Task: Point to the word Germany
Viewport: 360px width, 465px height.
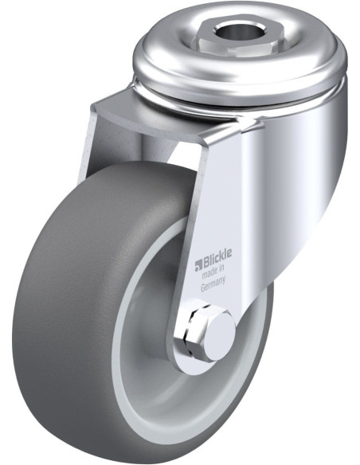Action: click(x=213, y=284)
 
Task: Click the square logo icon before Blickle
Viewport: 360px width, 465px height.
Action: click(x=198, y=266)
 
